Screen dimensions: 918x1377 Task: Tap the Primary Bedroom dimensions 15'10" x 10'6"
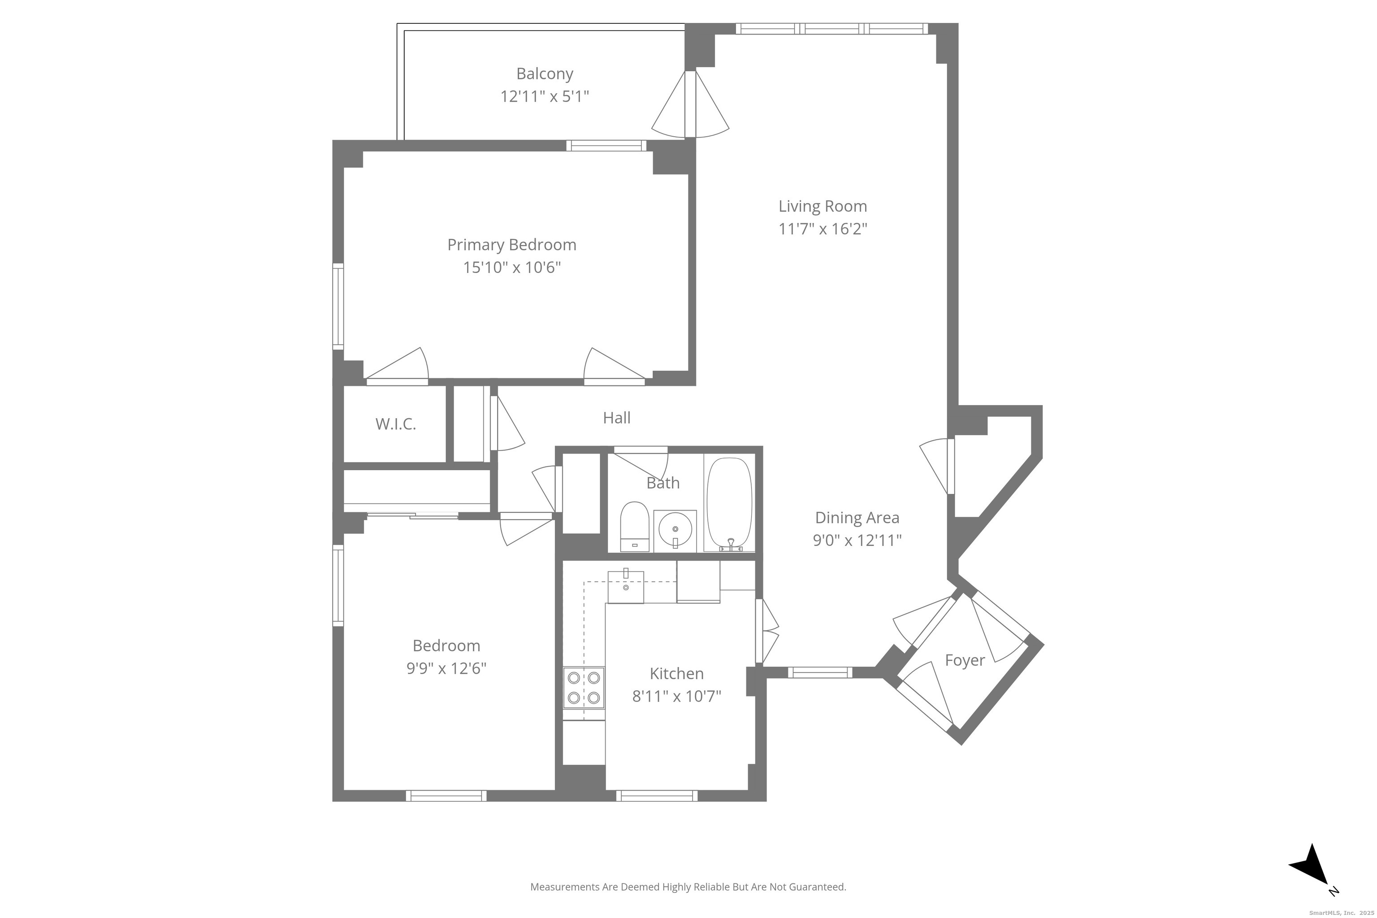click(512, 268)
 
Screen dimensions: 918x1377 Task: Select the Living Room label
click(822, 206)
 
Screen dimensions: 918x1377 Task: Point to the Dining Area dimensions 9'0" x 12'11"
click(857, 540)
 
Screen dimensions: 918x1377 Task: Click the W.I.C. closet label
click(395, 424)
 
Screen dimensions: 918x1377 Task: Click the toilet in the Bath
click(635, 526)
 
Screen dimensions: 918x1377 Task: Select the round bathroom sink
click(675, 528)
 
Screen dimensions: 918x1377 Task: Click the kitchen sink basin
click(625, 587)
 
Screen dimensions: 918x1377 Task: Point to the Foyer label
click(964, 660)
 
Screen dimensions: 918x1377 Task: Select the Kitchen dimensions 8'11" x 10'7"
click(676, 696)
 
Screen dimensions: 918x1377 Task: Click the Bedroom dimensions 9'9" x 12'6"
click(446, 668)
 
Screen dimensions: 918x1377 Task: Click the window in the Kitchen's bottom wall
click(656, 795)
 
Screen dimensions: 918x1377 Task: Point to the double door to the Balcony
click(690, 104)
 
